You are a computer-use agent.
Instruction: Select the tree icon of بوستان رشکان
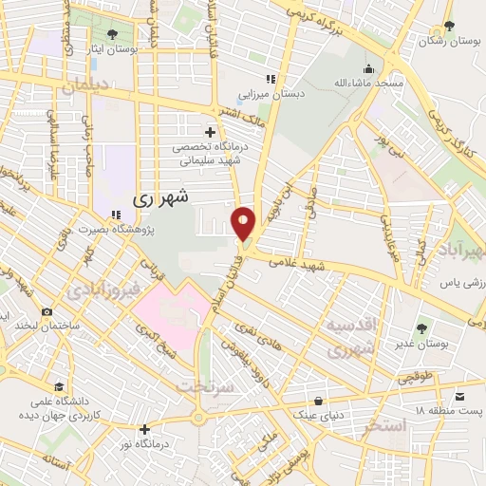[x=448, y=28]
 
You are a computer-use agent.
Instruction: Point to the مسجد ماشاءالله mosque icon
[x=367, y=68]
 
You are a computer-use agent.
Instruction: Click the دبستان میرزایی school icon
[x=271, y=79]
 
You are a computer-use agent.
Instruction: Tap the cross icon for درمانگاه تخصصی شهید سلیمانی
[x=209, y=131]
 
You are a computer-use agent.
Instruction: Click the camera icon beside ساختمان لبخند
[x=47, y=311]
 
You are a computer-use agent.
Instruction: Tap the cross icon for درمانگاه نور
[x=143, y=428]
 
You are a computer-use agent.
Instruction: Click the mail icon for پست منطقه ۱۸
[x=460, y=395]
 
